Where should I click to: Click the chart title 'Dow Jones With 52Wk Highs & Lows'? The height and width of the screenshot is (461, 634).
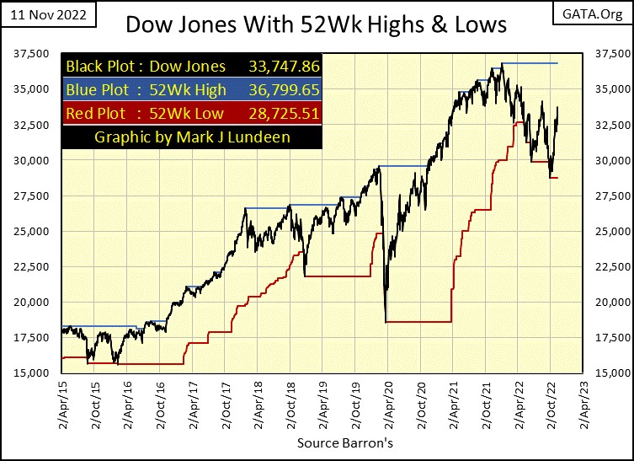pyautogui.click(x=316, y=24)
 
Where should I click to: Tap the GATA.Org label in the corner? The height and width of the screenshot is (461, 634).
pyautogui.click(x=599, y=14)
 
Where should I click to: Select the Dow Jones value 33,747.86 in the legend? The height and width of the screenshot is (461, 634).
pyautogui.click(x=284, y=66)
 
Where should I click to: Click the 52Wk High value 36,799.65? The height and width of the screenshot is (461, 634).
pyautogui.click(x=284, y=89)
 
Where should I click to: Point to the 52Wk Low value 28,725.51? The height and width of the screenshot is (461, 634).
pyautogui.click(x=284, y=113)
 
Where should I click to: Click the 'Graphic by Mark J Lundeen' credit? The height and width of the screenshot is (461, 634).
pyautogui.click(x=192, y=137)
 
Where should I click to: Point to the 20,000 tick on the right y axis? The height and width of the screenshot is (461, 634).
pyautogui.click(x=607, y=303)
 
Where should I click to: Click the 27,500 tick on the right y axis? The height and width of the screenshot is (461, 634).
pyautogui.click(x=607, y=196)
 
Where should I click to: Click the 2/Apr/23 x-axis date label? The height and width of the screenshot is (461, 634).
pyautogui.click(x=581, y=405)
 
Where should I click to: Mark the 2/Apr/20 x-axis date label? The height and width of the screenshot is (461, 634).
pyautogui.click(x=385, y=405)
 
